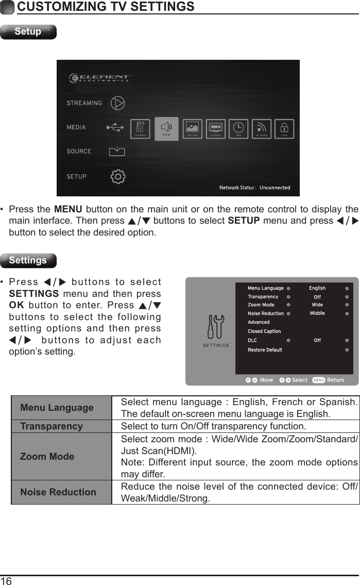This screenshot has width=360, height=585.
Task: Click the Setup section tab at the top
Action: [28, 31]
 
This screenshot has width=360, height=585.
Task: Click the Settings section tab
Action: [28, 260]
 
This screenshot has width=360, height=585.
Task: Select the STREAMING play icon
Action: [118, 103]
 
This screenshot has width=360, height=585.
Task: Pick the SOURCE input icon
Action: [117, 151]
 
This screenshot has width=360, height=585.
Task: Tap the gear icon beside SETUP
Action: [118, 176]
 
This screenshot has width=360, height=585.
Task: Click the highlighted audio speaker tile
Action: [166, 129]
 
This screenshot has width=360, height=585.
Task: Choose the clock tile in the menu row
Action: [239, 129]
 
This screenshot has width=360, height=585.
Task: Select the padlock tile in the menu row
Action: [284, 129]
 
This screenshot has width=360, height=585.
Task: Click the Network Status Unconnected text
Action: [255, 188]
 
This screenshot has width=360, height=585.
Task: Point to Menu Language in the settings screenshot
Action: [265, 288]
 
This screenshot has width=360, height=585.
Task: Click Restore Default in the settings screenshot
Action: [265, 350]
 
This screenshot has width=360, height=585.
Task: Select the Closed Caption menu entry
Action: [264, 331]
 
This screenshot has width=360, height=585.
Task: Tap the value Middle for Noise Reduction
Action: [317, 313]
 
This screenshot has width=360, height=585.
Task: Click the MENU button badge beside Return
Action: [318, 380]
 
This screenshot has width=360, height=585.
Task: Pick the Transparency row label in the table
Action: [52, 426]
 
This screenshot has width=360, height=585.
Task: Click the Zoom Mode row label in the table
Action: [47, 456]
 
